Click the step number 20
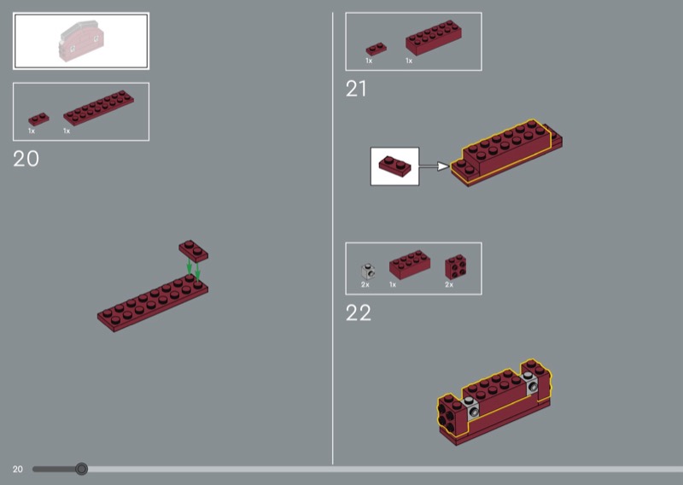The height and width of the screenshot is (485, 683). coord(26,159)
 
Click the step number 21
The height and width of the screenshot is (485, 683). coord(356,89)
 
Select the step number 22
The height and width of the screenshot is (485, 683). coord(359,313)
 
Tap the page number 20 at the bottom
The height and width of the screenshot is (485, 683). coord(17,470)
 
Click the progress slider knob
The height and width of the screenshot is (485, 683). coord(81,469)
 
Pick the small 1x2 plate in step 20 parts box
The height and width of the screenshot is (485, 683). coord(38,119)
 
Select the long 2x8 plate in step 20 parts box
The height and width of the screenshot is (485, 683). coord(98,108)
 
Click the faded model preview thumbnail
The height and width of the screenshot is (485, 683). coord(81,40)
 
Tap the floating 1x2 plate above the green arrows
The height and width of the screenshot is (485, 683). coord(194,251)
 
